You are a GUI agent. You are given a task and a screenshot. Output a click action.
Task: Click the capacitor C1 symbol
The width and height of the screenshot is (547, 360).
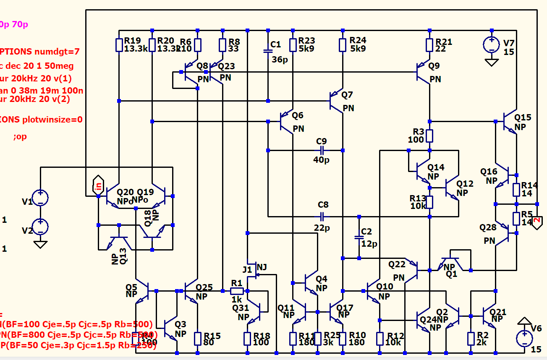click(268, 51)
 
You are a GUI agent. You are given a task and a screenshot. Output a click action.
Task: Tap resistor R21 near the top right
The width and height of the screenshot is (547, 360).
click(429, 45)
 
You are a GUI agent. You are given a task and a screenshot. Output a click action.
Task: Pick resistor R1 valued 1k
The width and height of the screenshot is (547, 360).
click(237, 291)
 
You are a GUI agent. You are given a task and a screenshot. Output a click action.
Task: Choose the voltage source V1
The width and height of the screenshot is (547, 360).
click(40, 198)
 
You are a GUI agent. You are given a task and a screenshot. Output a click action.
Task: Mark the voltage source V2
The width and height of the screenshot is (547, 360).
click(40, 227)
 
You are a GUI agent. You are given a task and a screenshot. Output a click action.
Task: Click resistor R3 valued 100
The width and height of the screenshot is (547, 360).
click(429, 136)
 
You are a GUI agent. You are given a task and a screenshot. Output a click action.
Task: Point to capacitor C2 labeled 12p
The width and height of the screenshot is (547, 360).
click(359, 237)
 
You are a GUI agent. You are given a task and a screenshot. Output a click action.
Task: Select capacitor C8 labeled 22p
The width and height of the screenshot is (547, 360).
click(322, 217)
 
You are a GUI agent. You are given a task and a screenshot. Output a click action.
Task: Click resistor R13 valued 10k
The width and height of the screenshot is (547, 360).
click(429, 202)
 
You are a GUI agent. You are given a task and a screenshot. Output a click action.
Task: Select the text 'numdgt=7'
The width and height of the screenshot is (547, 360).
click(56, 52)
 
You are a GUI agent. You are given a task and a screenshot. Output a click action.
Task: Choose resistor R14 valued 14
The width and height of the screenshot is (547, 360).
click(516, 189)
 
